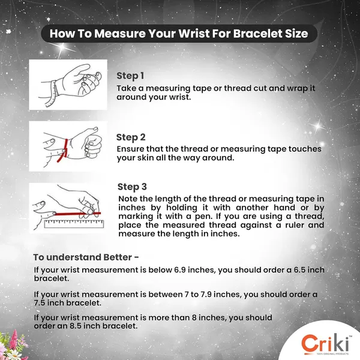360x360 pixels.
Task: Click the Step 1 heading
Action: (130, 76)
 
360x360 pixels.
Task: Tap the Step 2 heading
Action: (131, 137)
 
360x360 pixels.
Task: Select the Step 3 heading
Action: (132, 187)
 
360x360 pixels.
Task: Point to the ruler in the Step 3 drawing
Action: (74, 224)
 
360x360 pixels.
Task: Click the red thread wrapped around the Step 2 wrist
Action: (64, 151)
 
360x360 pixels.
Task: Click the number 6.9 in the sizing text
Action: (180, 270)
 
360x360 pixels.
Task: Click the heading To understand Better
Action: (86, 257)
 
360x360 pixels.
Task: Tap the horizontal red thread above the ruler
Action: (77, 214)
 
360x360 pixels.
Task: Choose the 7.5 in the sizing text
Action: (40, 302)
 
